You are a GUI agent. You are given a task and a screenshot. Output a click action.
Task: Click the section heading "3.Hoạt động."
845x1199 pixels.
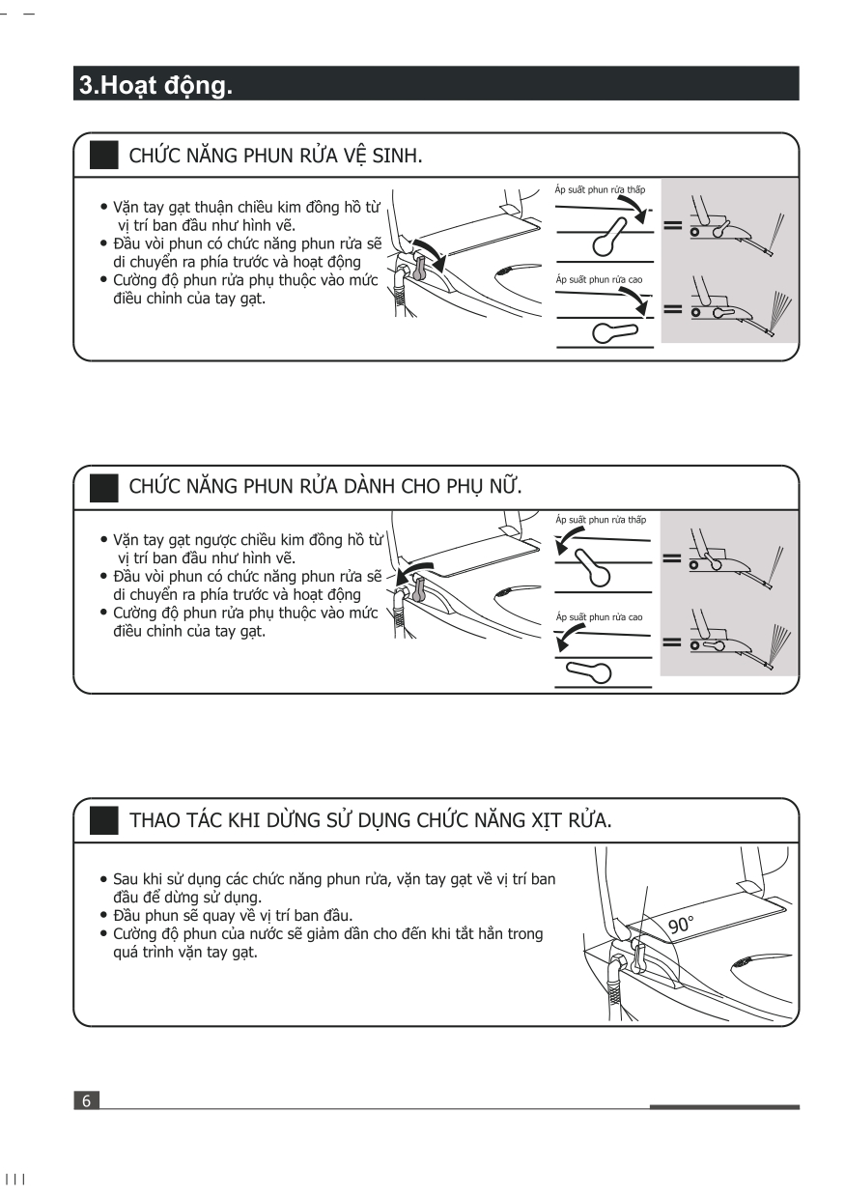coord(155,85)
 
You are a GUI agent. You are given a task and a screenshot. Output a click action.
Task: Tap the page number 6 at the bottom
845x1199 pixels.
coord(86,1100)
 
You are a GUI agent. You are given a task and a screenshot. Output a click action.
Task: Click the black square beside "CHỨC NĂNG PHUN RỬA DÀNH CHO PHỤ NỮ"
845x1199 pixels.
coord(103,489)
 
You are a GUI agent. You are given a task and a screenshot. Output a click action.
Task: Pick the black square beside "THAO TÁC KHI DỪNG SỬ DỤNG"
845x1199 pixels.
coord(103,821)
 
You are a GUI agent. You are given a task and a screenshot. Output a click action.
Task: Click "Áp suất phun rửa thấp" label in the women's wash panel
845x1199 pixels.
coord(601,519)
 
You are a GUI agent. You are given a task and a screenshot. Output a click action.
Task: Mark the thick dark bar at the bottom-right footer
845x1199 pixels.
coord(724,1106)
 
